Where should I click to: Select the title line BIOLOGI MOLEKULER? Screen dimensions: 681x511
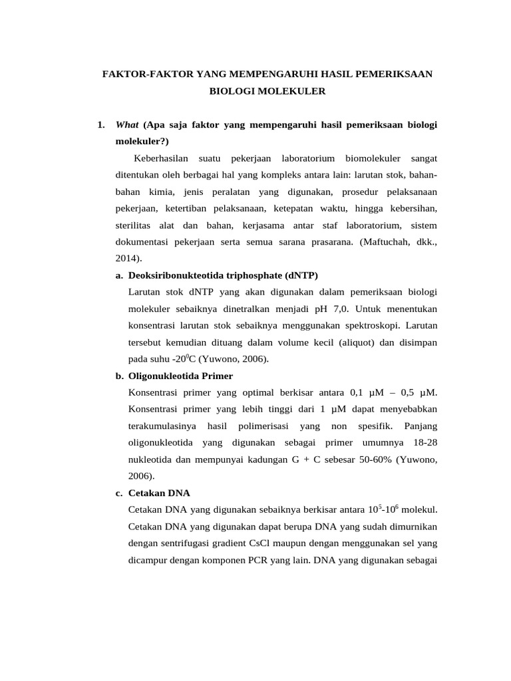click(x=267, y=90)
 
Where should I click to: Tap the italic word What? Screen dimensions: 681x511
click(x=127, y=124)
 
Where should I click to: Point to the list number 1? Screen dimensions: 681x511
click(x=100, y=124)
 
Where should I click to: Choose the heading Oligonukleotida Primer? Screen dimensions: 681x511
click(x=180, y=376)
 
